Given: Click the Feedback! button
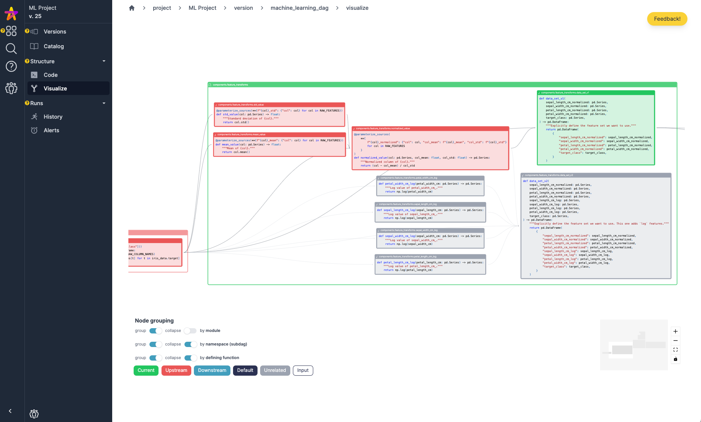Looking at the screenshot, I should tap(667, 19).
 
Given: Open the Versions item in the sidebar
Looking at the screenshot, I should tap(55, 32).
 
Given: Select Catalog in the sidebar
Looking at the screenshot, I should tap(53, 46).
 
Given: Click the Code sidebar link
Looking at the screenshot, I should tap(50, 75).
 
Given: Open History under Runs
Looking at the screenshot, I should tap(53, 117).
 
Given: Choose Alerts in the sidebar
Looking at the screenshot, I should tap(51, 130).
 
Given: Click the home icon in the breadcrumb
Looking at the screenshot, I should tap(132, 8).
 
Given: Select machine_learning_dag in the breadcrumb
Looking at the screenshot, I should tap(299, 8).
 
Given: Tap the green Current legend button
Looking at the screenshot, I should tap(146, 370).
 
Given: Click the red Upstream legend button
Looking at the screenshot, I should tap(176, 370).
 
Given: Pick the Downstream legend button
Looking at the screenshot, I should tap(212, 370).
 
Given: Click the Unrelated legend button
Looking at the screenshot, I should tap(275, 370).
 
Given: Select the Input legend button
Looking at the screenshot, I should tap(303, 370).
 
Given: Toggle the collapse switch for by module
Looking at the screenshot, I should tap(190, 331).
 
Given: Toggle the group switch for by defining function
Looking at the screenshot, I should tap(155, 358).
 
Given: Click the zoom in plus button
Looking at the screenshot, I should tap(675, 332).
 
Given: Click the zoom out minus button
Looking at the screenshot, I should tap(675, 341).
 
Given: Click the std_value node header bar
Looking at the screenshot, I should tap(279, 105).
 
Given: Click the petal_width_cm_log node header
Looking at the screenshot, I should tap(430, 178).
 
